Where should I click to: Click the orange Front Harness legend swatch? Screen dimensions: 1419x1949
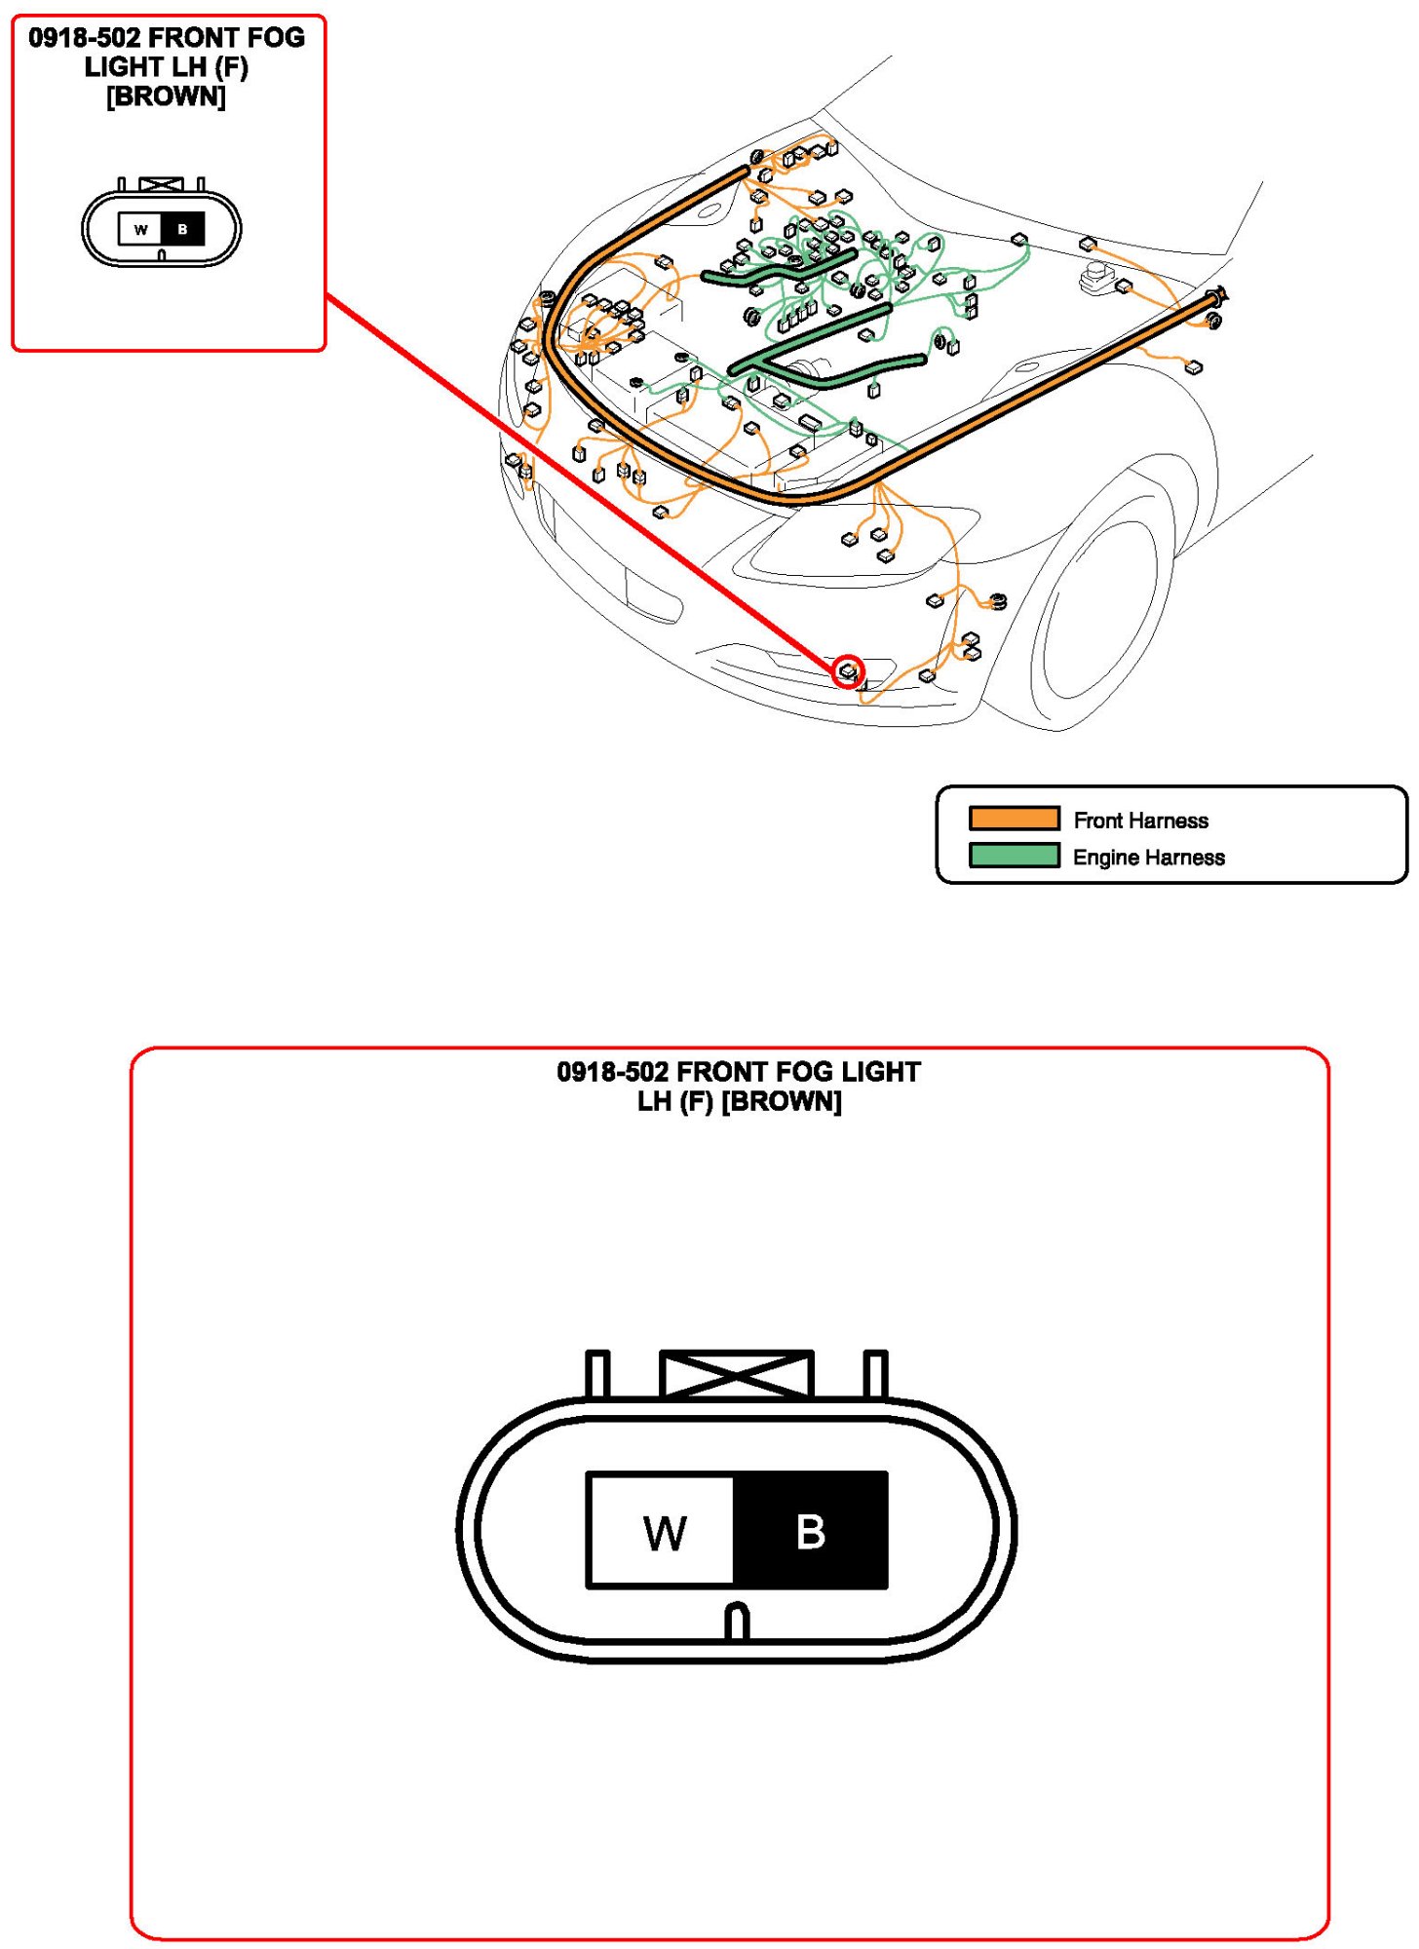click(x=1014, y=819)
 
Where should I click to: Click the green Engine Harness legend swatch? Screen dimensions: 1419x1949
click(x=1014, y=856)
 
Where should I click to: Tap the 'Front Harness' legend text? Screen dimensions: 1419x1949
click(x=1140, y=821)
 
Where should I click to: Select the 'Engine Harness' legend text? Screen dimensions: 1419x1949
click(x=1148, y=858)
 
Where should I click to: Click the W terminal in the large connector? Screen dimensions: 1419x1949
click(x=663, y=1531)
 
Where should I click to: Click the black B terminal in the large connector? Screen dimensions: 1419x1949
click(x=810, y=1531)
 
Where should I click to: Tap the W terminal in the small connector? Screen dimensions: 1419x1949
click(x=141, y=230)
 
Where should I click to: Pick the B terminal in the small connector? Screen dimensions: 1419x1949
click(x=183, y=230)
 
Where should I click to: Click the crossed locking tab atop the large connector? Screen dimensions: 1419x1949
click(x=737, y=1374)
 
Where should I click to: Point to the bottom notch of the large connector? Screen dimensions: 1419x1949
click(x=738, y=1623)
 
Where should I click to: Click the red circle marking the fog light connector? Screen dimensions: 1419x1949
click(x=848, y=670)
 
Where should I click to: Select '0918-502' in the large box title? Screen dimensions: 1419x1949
click(x=612, y=1072)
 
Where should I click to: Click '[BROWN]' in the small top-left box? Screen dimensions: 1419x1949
click(x=166, y=96)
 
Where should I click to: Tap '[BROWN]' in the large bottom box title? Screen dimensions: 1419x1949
click(x=781, y=1101)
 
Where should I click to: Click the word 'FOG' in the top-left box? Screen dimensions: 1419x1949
click(x=277, y=38)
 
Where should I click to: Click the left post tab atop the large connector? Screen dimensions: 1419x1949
click(x=597, y=1374)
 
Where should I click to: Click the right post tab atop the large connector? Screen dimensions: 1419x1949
click(x=875, y=1374)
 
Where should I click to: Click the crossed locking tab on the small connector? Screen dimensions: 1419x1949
click(x=161, y=184)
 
